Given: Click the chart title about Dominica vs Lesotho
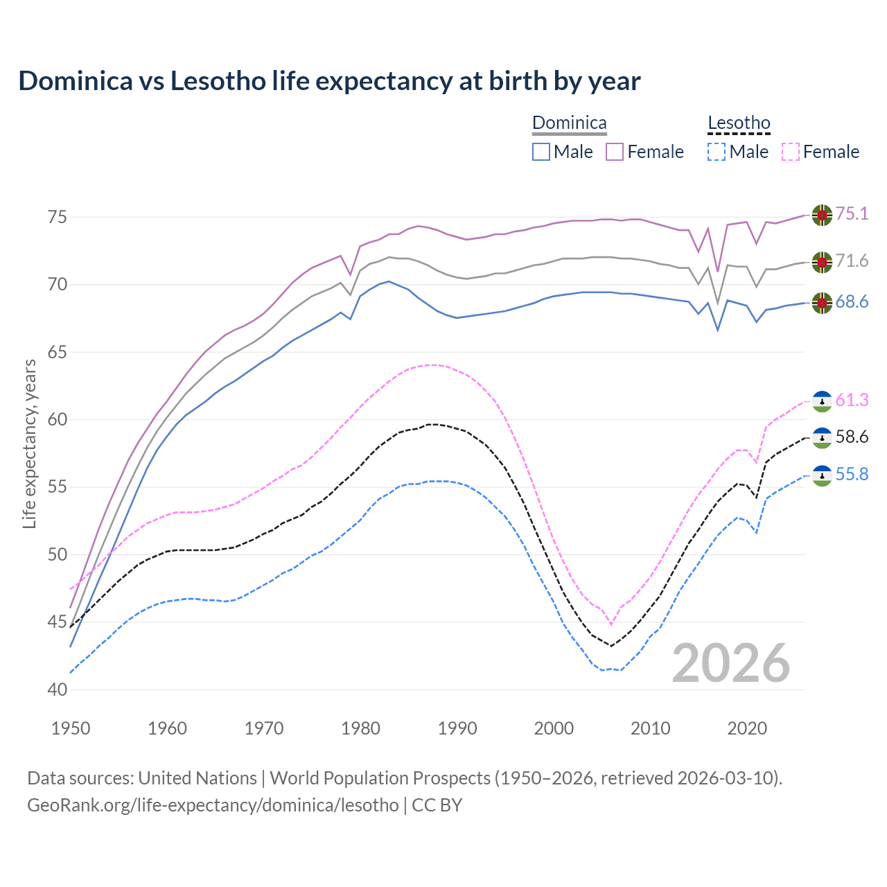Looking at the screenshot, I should [x=329, y=81].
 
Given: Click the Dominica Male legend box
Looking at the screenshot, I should [x=541, y=152].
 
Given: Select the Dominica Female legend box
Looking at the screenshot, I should [x=615, y=152].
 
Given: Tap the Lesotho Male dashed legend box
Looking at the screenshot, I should [x=717, y=152].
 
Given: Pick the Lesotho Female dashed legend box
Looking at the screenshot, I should [x=790, y=152].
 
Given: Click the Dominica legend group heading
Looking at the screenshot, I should [x=569, y=123].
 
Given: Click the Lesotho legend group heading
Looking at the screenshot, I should [x=739, y=123].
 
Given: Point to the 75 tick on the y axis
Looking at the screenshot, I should [x=58, y=217].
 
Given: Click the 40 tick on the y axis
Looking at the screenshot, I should [x=58, y=690].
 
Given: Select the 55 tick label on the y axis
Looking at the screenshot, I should [x=58, y=487].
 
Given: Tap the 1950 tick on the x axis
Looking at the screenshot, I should [x=71, y=728].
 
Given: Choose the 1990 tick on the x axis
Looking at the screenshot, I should [x=457, y=728].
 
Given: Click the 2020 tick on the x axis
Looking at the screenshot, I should [x=747, y=728].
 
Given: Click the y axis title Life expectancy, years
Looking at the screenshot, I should [x=29, y=443].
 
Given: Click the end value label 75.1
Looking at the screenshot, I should [x=852, y=214].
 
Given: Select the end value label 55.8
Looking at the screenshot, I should [x=852, y=475].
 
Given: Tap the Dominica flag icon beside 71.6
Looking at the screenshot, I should [x=822, y=262].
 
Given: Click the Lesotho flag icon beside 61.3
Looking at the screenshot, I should [x=822, y=401].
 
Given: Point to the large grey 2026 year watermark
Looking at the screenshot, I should [x=731, y=663].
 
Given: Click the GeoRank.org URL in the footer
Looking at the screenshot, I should [x=213, y=805].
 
